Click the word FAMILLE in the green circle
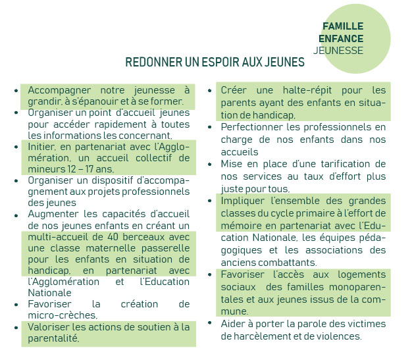pyautogui.click(x=343, y=26)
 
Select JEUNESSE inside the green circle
pyautogui.click(x=338, y=50)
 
